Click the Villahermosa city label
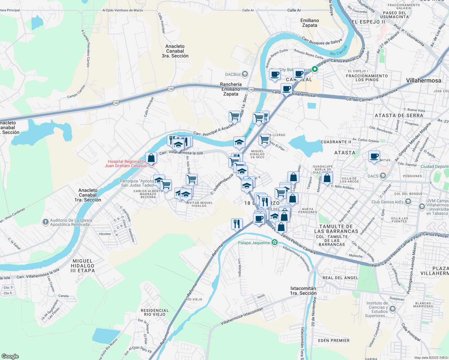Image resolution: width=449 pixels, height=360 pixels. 423,80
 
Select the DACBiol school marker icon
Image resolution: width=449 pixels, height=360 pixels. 245,74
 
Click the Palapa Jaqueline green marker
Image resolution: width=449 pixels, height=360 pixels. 274,242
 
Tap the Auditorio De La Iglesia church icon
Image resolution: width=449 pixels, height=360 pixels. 45,222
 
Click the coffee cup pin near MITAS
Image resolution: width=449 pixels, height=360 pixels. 374,157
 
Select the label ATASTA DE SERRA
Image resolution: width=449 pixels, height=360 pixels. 399,115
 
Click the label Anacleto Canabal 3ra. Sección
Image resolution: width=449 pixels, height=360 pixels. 175,51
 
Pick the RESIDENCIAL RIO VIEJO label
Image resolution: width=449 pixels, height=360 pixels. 155,312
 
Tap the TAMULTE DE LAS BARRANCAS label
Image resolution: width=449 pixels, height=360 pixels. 336,229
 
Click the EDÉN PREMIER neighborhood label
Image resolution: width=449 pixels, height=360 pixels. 334,340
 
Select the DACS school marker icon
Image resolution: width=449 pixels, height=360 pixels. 383,176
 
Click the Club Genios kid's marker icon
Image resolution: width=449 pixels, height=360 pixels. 408,202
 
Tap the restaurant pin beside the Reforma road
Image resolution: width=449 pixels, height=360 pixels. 237,223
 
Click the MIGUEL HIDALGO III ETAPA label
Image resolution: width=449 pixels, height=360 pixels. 83,266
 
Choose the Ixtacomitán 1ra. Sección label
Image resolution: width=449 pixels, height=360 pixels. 303,291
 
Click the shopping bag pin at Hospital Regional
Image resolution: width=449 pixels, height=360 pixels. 151,158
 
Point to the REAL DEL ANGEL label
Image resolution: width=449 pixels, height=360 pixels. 340,278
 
